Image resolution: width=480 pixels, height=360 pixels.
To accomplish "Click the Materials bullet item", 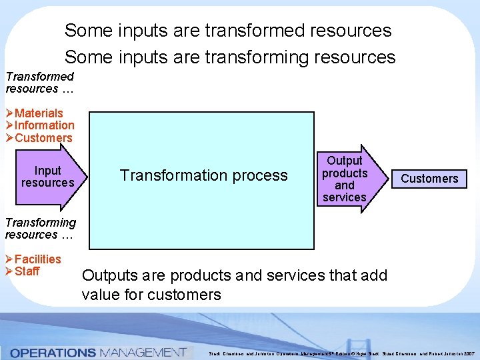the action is (x=39, y=113).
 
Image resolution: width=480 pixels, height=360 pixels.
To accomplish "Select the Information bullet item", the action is (x=44, y=125).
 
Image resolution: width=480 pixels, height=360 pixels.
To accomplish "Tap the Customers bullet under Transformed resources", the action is (x=43, y=138).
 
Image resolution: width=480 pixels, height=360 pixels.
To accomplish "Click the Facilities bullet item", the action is (x=37, y=259).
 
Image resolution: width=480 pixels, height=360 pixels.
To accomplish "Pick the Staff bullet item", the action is (x=27, y=271).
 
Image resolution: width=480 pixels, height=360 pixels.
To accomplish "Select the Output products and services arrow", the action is (x=345, y=179).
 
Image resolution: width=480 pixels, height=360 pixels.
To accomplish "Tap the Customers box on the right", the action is (x=429, y=179).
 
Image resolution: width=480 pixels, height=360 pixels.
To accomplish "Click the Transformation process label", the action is (x=203, y=175).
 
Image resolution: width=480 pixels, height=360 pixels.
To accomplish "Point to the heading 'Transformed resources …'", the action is (x=39, y=83).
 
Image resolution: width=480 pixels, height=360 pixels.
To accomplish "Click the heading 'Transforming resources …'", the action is (x=41, y=229).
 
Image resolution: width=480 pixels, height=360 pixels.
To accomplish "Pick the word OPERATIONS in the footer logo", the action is (x=53, y=352).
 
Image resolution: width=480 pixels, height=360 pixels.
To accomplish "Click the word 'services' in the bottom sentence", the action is (x=289, y=275).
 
